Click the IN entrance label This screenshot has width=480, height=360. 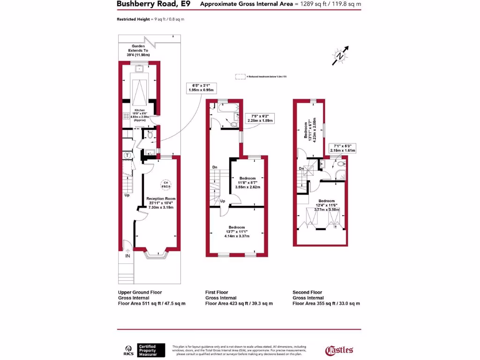pos(127,256)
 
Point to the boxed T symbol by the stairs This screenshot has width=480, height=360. pos(127,155)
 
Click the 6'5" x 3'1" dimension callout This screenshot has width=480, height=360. pos(200,88)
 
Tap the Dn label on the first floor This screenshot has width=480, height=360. pos(215,167)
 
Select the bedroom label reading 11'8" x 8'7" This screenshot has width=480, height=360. pos(247,182)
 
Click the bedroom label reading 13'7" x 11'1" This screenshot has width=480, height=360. pos(236,233)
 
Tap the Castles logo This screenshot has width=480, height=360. pos(339,350)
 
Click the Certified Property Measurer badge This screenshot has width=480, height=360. pos(150,350)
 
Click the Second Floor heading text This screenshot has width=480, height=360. pos(308,292)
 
